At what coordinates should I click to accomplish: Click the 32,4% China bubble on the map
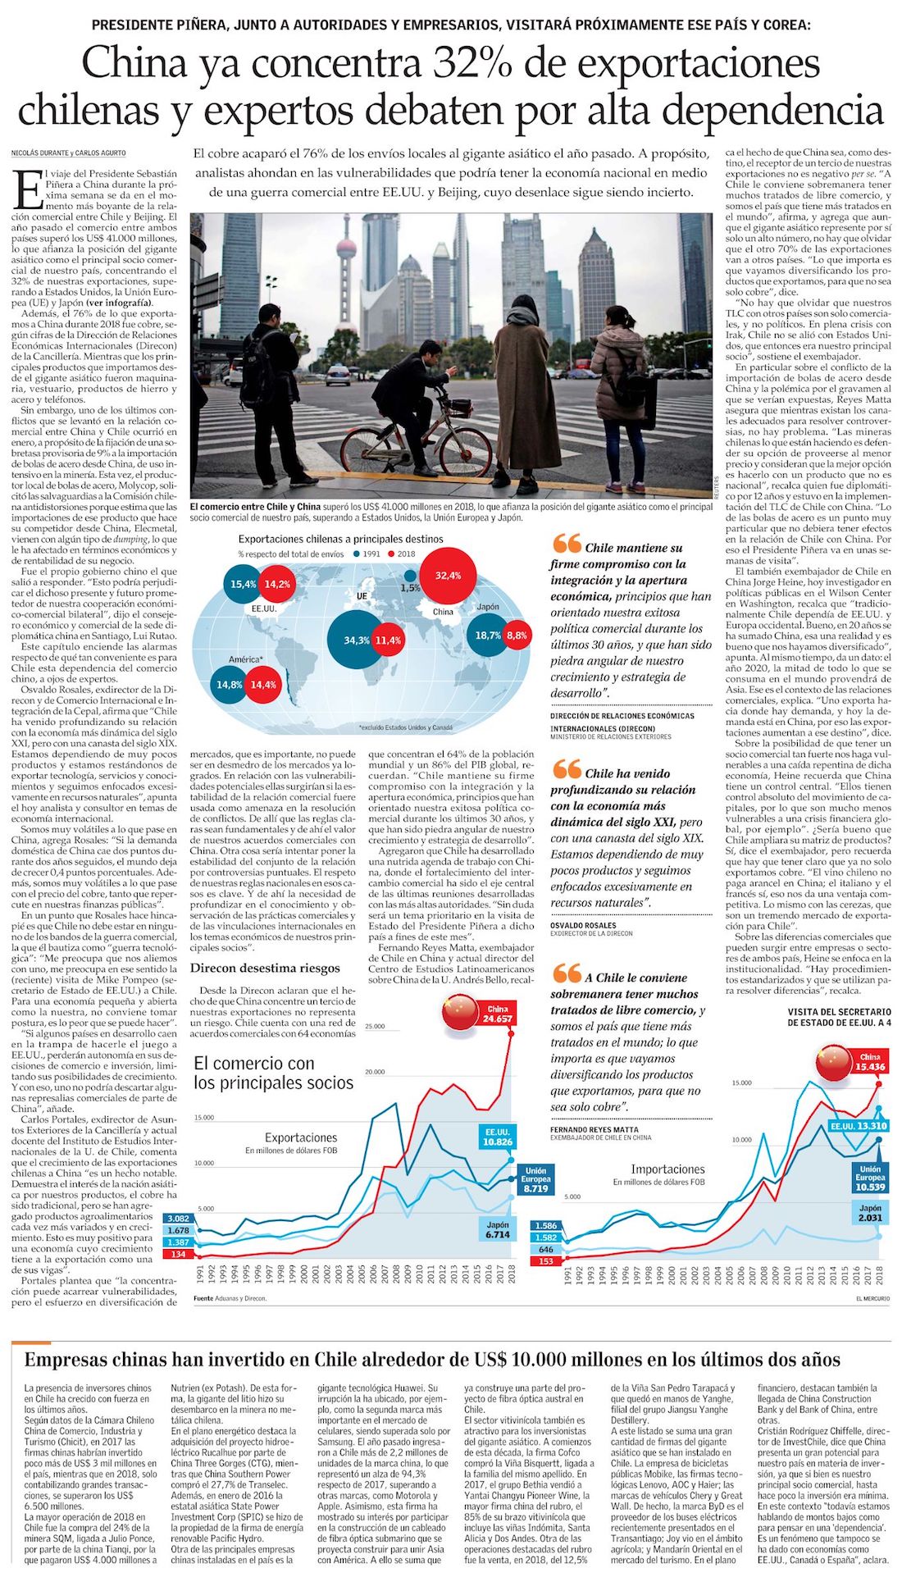tap(448, 576)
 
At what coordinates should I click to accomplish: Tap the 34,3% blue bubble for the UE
tap(356, 640)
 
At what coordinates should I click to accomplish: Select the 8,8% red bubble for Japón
tap(517, 636)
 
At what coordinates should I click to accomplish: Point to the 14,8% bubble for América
tap(230, 684)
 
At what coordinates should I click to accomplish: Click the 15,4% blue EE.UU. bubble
tap(243, 585)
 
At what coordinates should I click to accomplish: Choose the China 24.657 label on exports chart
tap(498, 1014)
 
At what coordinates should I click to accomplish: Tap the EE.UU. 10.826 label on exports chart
tap(498, 1137)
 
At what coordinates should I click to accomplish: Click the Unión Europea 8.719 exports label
tap(535, 1179)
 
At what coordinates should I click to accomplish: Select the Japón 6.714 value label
tap(498, 1229)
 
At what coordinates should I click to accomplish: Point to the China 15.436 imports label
tap(870, 1062)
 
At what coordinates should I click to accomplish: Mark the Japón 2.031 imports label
tap(870, 1213)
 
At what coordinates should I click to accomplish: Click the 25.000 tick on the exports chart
tap(375, 1026)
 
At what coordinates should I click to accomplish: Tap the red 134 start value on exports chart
tap(178, 1254)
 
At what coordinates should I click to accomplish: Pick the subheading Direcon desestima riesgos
tap(265, 968)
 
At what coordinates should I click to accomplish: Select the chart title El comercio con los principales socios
tap(273, 1073)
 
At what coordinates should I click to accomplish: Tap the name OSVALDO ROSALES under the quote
tap(583, 925)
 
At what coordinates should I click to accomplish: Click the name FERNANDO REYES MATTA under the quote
tap(594, 1129)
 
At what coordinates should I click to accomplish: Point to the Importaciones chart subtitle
tap(667, 1169)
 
